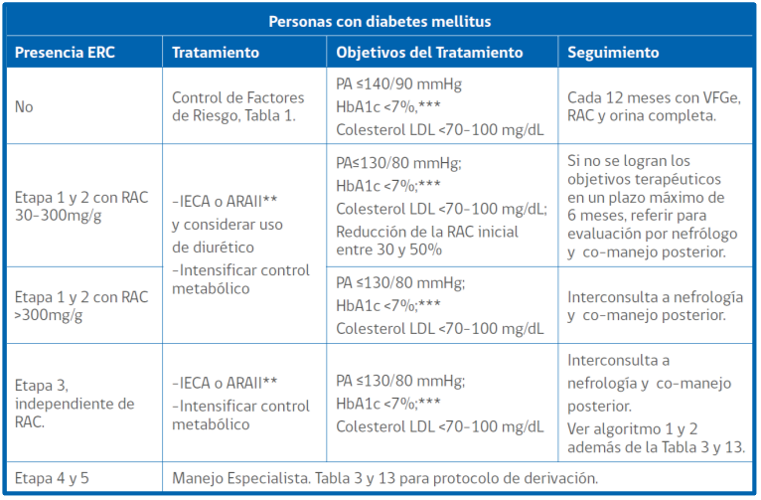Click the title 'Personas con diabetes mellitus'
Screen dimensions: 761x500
pos(380,21)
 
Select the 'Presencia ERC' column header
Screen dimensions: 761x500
pos(65,53)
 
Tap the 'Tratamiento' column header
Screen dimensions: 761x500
pos(216,53)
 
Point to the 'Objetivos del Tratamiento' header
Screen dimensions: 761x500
pos(429,53)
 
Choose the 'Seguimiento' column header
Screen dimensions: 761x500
pos(613,53)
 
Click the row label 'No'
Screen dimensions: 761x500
pos(24,106)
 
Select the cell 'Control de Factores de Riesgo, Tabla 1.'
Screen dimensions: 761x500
pos(237,106)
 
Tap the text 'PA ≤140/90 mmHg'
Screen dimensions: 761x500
pos(399,83)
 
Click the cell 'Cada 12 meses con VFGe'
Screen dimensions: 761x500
pos(655,98)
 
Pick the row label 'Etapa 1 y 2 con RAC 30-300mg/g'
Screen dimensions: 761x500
pos(81,207)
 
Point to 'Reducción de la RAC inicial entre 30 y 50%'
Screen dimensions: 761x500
pos(427,241)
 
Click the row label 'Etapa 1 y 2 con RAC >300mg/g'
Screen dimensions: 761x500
pos(81,306)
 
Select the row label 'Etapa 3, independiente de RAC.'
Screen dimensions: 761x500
pos(75,404)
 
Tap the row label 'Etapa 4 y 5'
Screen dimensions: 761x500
pos(52,479)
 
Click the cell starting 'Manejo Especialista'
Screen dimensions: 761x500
pos(384,479)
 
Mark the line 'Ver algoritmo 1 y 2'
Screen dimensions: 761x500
pos(633,429)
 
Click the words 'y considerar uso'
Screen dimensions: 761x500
pos(228,225)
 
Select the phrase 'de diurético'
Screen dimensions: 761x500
pos(213,248)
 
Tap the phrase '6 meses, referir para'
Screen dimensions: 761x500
pos(637,216)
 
